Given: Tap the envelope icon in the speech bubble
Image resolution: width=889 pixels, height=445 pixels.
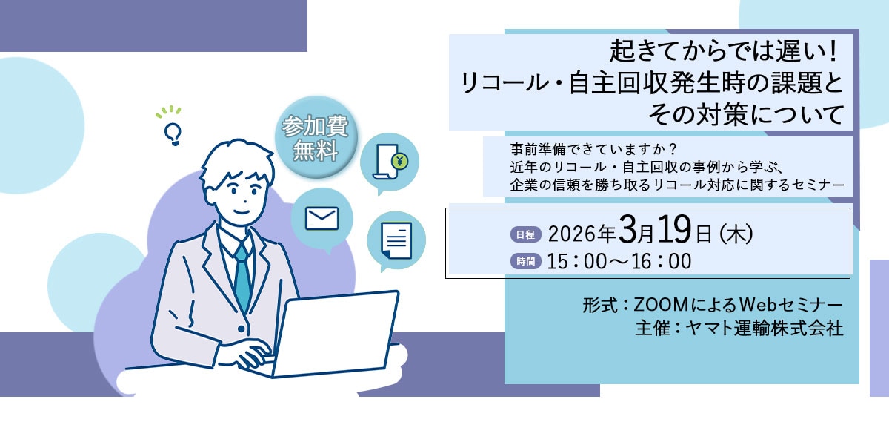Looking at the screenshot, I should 322,218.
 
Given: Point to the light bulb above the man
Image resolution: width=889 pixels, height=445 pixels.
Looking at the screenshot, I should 173,132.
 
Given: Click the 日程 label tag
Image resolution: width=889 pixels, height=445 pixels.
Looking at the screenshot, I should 527,234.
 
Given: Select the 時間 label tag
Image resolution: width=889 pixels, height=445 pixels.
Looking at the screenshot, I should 527,261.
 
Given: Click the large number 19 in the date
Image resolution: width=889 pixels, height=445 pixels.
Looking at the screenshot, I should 674,232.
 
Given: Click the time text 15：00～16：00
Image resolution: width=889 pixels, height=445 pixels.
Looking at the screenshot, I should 619,261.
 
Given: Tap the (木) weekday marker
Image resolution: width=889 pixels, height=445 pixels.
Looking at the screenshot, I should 736,234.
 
